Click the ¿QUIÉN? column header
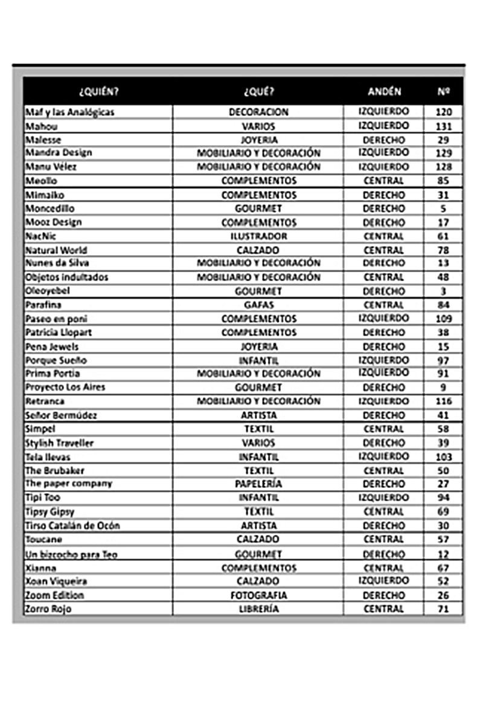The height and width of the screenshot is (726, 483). pyautogui.click(x=98, y=92)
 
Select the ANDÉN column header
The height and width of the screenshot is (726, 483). pyautogui.click(x=384, y=92)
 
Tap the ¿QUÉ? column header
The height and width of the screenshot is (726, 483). pyautogui.click(x=258, y=92)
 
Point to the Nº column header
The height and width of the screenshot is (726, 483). pyautogui.click(x=443, y=92)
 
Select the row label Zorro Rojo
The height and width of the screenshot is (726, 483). pyautogui.click(x=48, y=609)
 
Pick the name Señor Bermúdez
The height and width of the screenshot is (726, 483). pyautogui.click(x=61, y=415)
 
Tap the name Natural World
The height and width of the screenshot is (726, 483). pyautogui.click(x=56, y=250)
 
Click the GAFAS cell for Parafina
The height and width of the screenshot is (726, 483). pyautogui.click(x=258, y=305)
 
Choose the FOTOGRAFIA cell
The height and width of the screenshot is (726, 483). pyautogui.click(x=258, y=595)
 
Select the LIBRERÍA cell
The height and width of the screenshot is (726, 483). pyautogui.click(x=258, y=609)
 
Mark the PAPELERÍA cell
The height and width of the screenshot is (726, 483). pyautogui.click(x=258, y=484)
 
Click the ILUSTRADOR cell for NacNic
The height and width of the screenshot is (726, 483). pyautogui.click(x=258, y=236)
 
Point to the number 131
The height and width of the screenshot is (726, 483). pyautogui.click(x=443, y=126)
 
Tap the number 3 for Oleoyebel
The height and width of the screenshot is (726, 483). pyautogui.click(x=443, y=291)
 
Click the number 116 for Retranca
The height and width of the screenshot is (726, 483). pyautogui.click(x=443, y=401)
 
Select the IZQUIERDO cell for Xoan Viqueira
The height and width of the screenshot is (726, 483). pyautogui.click(x=384, y=580)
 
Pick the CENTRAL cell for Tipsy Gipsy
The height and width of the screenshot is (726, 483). pyautogui.click(x=384, y=511)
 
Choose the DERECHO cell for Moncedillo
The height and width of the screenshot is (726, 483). pyautogui.click(x=384, y=208)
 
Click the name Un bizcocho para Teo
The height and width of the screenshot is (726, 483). pyautogui.click(x=71, y=554)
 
